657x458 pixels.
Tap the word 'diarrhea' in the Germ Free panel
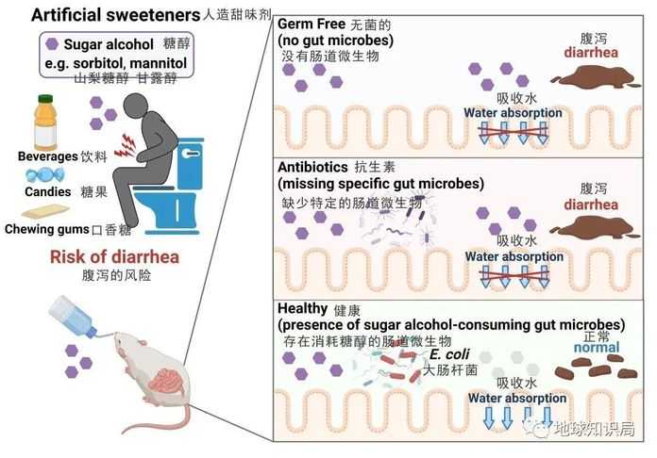pos(591,53)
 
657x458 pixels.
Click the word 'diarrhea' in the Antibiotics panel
pos(591,204)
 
